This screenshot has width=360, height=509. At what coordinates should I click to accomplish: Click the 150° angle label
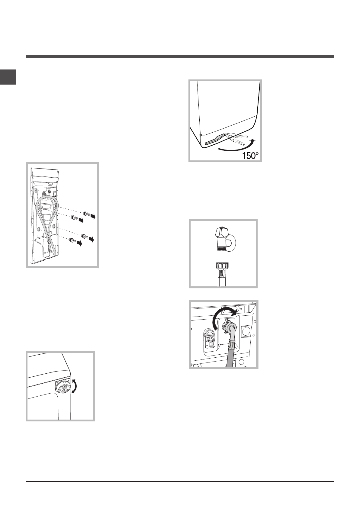[250, 156]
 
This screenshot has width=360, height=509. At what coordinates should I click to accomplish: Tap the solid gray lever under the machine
[215, 139]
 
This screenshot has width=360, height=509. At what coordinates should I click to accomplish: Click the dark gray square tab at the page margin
[8, 77]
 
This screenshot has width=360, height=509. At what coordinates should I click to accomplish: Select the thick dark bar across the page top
[180, 56]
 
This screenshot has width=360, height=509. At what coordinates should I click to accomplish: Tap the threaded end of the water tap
[221, 249]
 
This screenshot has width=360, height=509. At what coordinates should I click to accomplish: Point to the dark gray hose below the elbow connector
[230, 355]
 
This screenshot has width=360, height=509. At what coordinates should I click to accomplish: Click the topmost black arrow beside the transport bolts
[93, 217]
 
